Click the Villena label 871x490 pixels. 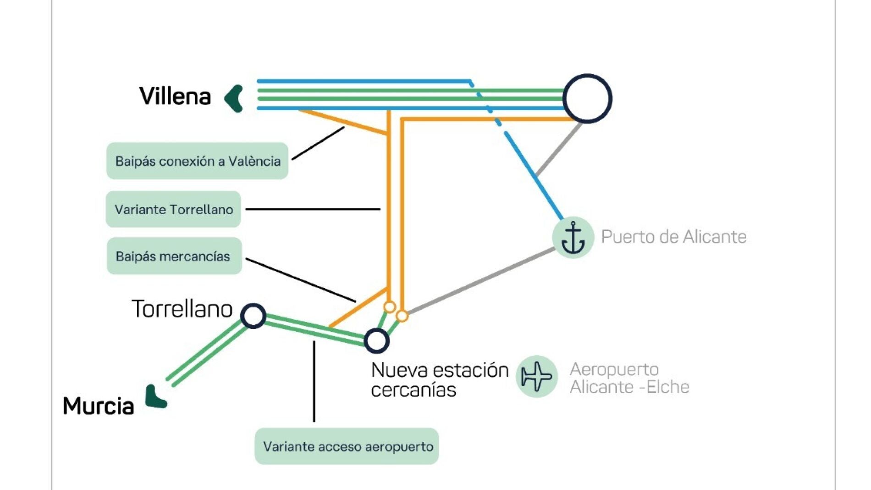175,96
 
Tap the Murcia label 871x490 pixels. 98,406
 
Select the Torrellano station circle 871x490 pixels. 254,316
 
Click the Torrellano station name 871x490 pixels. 182,308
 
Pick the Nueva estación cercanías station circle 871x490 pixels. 376,340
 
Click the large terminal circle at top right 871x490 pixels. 587,98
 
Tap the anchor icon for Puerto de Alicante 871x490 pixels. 573,237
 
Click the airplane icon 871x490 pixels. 537,376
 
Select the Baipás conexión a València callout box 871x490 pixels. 197,161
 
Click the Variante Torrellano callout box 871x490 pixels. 173,209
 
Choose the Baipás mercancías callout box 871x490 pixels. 174,256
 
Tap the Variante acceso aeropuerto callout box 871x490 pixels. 347,446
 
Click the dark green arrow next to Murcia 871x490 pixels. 155,397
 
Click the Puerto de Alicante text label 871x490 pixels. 673,237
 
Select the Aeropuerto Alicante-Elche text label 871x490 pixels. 629,378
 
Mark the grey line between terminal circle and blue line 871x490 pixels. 559,149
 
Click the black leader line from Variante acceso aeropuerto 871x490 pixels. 314,381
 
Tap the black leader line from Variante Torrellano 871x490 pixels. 313,209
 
